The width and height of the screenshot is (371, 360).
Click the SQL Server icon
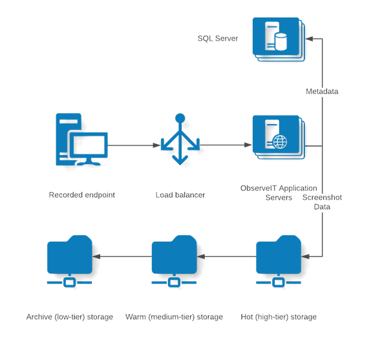point(279,39)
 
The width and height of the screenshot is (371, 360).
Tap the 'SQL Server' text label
point(218,38)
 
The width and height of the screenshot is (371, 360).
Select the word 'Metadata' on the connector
point(322,91)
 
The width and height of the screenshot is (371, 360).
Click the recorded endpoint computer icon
point(81,140)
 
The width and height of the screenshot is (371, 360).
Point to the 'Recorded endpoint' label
point(82,195)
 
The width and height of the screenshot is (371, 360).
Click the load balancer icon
point(180,139)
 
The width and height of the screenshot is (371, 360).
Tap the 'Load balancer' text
point(180,195)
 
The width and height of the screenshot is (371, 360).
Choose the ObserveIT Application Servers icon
point(279,137)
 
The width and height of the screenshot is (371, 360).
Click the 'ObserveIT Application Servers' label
point(279,193)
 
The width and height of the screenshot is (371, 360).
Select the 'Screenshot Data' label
point(322,202)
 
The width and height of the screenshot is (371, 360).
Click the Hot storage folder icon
point(279,261)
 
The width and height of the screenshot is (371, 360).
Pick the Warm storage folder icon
point(174,261)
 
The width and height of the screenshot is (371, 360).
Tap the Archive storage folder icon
point(69,261)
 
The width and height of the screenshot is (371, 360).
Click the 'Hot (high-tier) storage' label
point(279,317)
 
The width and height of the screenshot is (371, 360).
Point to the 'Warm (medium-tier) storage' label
point(174,317)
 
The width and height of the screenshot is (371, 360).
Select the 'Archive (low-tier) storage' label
point(70,317)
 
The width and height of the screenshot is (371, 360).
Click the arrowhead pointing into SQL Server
point(309,39)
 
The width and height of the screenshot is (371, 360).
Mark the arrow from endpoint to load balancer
point(134,145)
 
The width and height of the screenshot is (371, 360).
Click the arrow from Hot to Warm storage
point(226,257)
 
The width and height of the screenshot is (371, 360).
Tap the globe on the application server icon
point(280,142)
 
